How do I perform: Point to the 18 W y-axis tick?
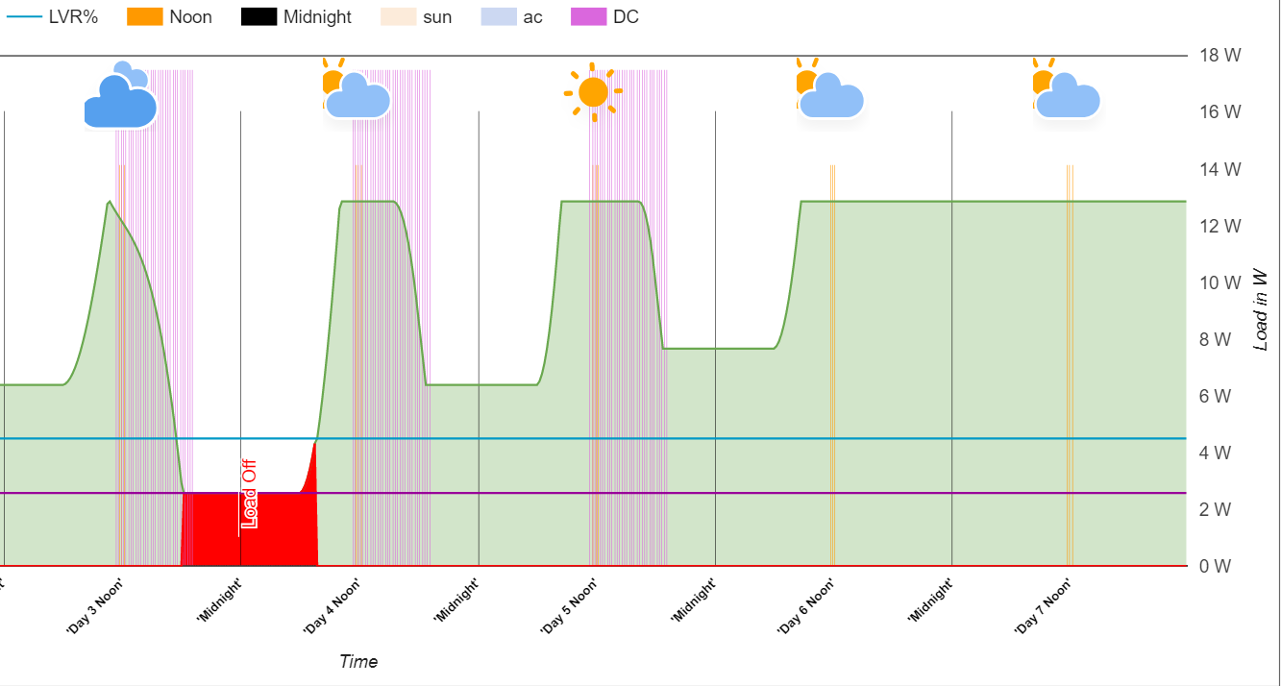[x=1219, y=56]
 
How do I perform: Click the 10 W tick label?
[x=1219, y=282]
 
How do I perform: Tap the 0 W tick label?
[x=1215, y=566]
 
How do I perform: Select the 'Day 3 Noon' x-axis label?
[x=94, y=605]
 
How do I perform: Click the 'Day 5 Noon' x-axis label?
[x=568, y=605]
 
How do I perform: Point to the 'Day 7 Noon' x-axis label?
[x=1043, y=605]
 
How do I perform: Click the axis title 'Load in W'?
[x=1262, y=309]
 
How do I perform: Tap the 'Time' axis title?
[x=358, y=661]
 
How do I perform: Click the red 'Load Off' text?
[x=250, y=494]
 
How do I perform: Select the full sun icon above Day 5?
[x=593, y=92]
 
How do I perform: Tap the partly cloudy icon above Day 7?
[x=1065, y=92]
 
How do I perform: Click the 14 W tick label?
[x=1219, y=169]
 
